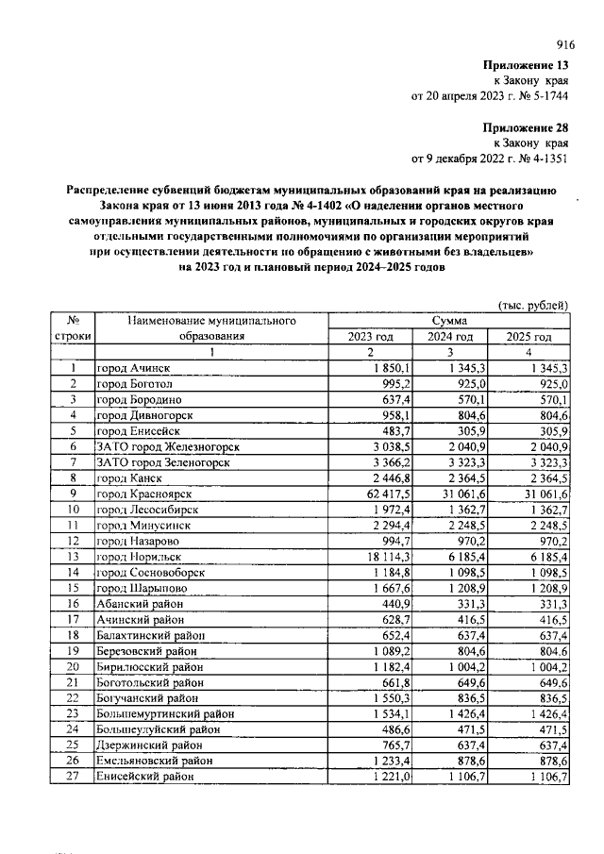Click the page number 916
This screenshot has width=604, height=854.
click(x=565, y=44)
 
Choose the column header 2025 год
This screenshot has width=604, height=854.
click(x=528, y=336)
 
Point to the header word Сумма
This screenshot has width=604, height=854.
click(x=446, y=321)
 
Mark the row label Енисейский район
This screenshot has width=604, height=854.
click(x=146, y=777)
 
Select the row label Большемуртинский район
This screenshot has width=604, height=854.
click(x=165, y=714)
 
